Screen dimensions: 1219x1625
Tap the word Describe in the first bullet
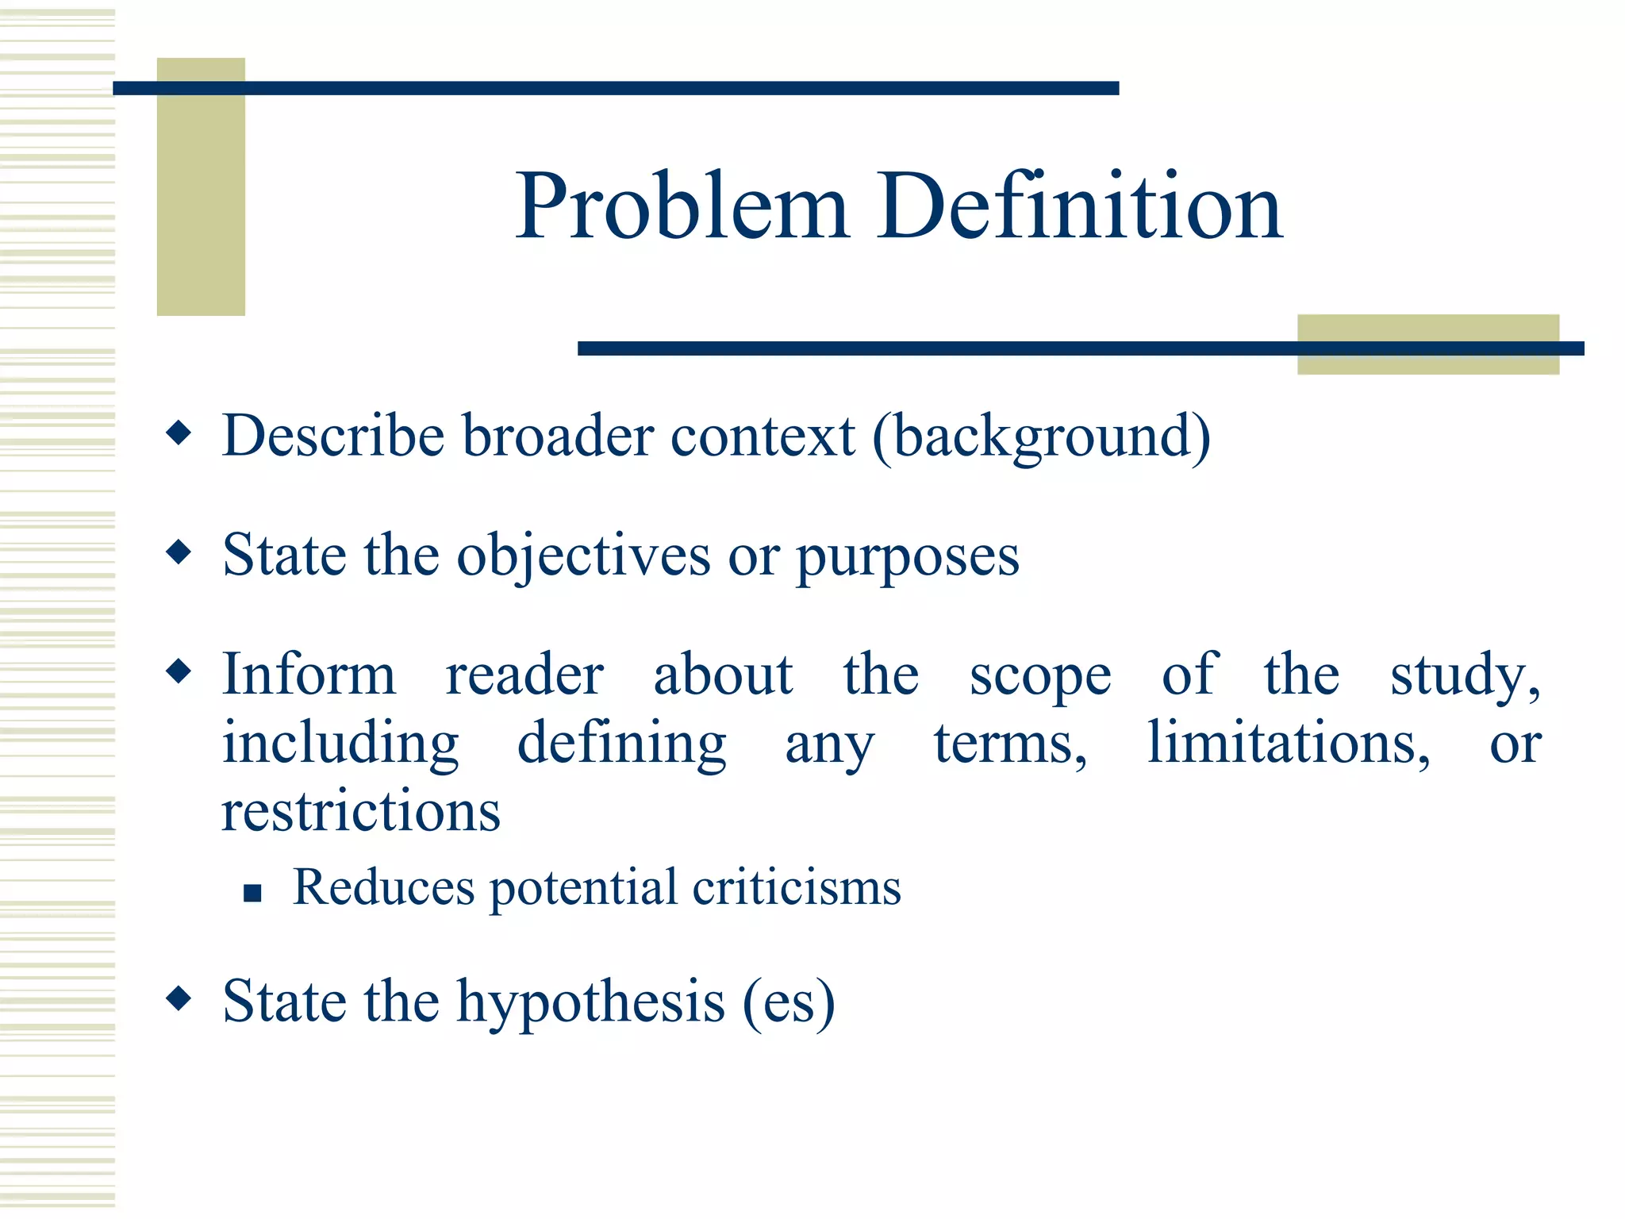(x=333, y=436)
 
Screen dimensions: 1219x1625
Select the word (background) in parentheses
(x=1041, y=437)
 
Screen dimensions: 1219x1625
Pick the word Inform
(x=309, y=675)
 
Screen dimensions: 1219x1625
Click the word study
(x=1464, y=675)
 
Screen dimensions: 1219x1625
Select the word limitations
(x=1289, y=744)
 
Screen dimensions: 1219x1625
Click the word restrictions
(x=361, y=812)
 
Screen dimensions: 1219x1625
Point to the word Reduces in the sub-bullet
(x=383, y=886)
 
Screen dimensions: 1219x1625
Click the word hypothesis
(x=590, y=1002)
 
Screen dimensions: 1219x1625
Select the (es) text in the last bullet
(x=789, y=1002)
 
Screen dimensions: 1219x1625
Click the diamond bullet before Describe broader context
(x=179, y=433)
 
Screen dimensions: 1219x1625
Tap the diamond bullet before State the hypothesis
(x=179, y=998)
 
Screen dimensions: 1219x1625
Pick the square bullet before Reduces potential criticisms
(x=252, y=894)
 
